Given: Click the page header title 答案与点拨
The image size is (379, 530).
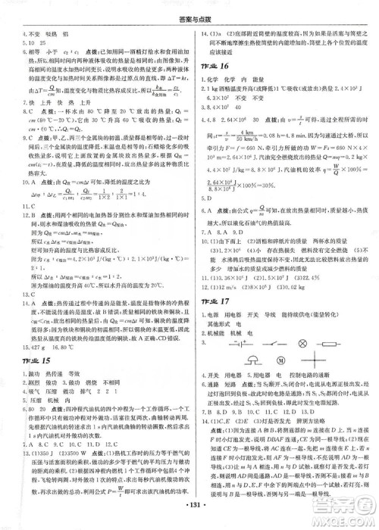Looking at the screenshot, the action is tap(189, 10).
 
